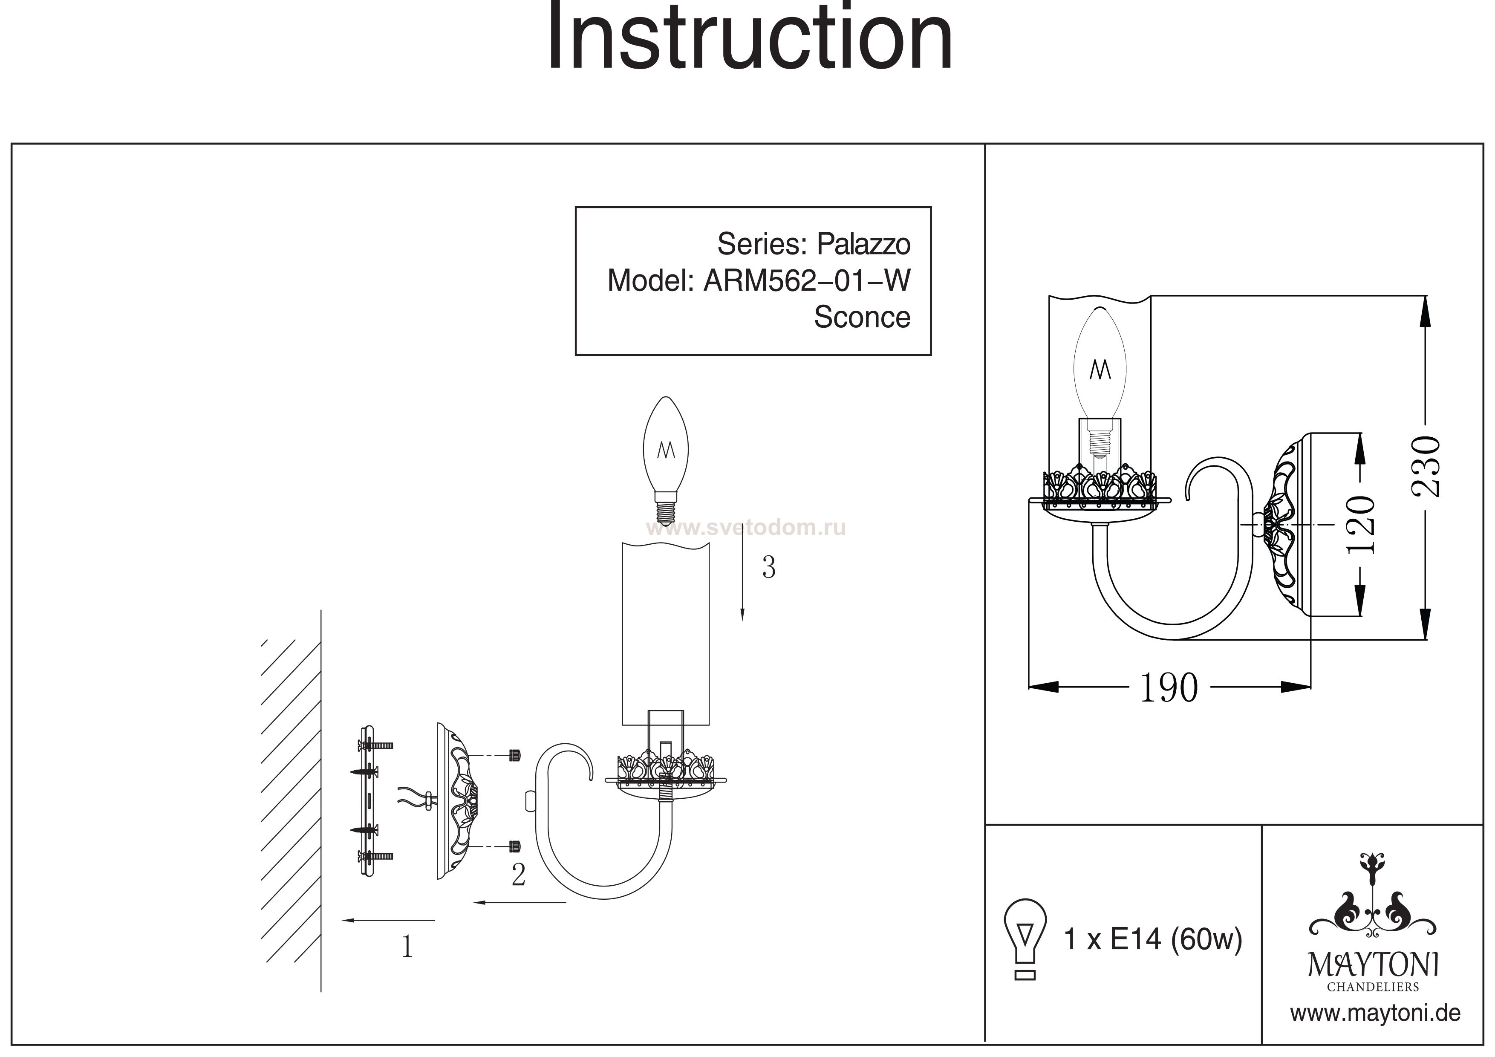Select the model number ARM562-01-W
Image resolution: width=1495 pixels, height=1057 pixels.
pyautogui.click(x=806, y=281)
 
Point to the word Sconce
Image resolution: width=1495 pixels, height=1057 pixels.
pyautogui.click(x=861, y=317)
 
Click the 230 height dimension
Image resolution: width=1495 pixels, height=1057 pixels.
pyautogui.click(x=1425, y=466)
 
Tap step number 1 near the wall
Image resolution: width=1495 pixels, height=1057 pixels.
pyautogui.click(x=407, y=947)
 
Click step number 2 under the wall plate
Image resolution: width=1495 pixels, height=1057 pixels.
pyautogui.click(x=518, y=875)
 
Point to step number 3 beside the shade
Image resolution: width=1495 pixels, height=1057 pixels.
pyautogui.click(x=768, y=568)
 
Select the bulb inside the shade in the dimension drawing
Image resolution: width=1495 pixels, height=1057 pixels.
pyautogui.click(x=1100, y=378)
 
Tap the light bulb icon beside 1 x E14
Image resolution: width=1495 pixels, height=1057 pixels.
pyautogui.click(x=1025, y=938)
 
